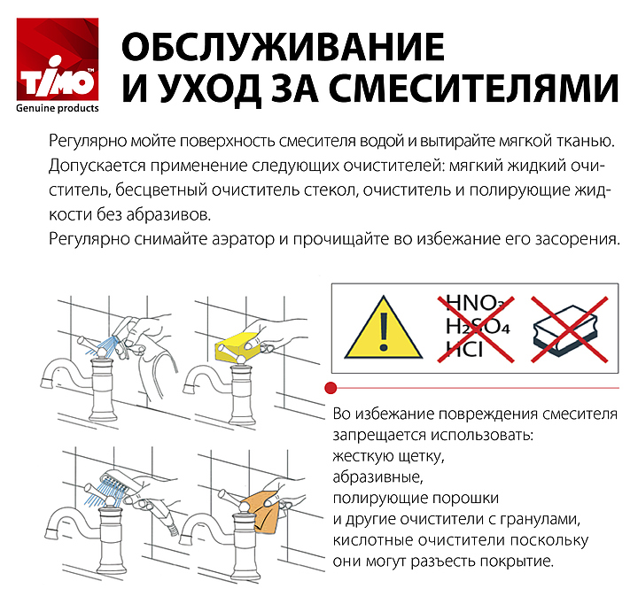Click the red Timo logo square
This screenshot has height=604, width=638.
pyautogui.click(x=58, y=59)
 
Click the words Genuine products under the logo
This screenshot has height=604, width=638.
pyautogui.click(x=58, y=108)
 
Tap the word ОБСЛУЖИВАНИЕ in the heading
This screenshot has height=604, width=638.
pyautogui.click(x=283, y=47)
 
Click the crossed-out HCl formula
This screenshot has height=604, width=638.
pyautogui.click(x=463, y=349)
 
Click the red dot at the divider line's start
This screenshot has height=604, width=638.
pyautogui.click(x=331, y=388)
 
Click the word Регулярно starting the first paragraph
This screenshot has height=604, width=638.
pyautogui.click(x=88, y=142)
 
